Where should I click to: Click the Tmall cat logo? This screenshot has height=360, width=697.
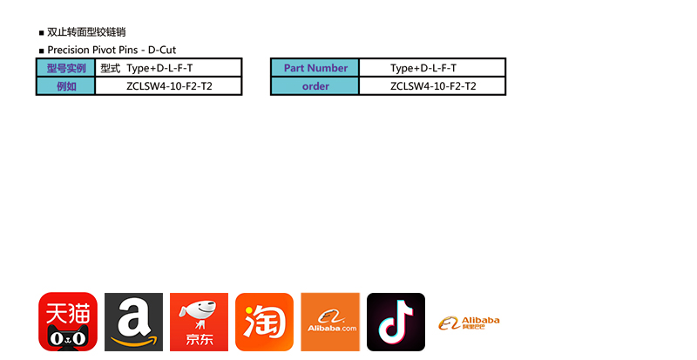[67, 322]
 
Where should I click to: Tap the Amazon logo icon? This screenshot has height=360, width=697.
[133, 322]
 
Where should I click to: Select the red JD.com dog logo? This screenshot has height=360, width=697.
[199, 322]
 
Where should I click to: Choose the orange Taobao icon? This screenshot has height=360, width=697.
[264, 322]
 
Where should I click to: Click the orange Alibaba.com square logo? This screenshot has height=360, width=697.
[330, 322]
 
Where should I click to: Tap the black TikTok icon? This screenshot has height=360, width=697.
[396, 322]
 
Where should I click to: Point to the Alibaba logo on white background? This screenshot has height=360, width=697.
[469, 323]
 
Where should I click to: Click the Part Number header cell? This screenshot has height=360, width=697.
[315, 68]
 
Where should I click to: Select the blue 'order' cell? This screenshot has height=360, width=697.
[315, 86]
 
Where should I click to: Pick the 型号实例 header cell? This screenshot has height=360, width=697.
[66, 68]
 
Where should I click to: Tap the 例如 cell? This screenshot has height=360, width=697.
[66, 86]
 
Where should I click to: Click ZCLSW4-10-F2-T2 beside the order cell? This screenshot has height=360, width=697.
[433, 86]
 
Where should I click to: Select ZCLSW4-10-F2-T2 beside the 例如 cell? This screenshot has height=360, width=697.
[169, 86]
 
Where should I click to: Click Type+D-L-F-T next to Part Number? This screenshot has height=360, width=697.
[423, 68]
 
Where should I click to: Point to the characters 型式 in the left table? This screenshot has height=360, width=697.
[110, 68]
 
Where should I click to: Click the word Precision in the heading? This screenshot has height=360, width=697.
[69, 50]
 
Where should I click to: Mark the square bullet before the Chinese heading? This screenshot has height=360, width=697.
[41, 33]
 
